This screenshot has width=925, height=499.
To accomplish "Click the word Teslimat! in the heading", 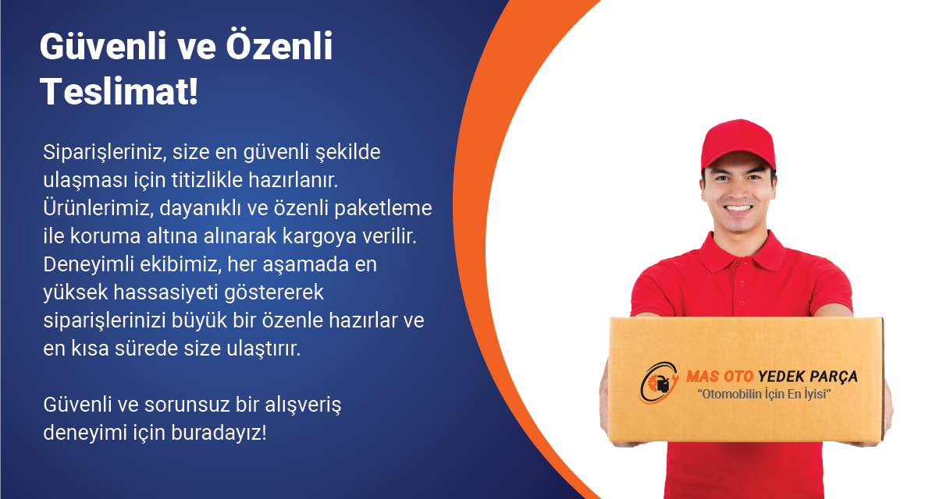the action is pos(119,91).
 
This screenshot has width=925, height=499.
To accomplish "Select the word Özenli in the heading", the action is pos(279,46).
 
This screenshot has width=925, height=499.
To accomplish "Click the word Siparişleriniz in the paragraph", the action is pos(105,153).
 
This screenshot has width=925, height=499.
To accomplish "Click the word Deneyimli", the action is pos(88,264).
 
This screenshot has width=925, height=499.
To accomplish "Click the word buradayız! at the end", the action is pos(219,433).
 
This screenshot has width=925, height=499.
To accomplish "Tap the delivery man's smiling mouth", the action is pos(738,208).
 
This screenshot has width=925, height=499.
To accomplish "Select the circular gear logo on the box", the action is pos(659,383).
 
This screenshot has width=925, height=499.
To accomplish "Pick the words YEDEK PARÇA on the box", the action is pos(808,376).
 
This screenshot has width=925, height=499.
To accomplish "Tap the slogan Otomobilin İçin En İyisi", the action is pos(764,395).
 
